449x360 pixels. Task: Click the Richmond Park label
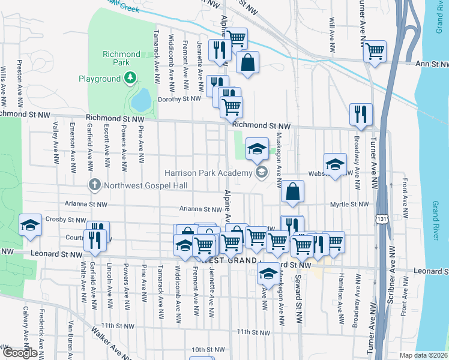pyautogui.click(x=121, y=58)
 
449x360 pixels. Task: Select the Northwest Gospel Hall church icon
pyautogui.click(x=94, y=185)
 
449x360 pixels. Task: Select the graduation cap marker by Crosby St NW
pyautogui.click(x=30, y=224)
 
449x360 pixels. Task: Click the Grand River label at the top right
pyautogui.click(x=438, y=17)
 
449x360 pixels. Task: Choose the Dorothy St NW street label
pyautogui.click(x=178, y=99)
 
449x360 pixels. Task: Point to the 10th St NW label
pyautogui.click(x=207, y=349)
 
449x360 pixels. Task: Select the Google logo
pyautogui.click(x=20, y=353)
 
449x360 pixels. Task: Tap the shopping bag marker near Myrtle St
pyautogui.click(x=292, y=191)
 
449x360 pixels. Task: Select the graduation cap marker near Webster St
pyautogui.click(x=335, y=164)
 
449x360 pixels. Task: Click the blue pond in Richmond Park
pyautogui.click(x=142, y=100)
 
